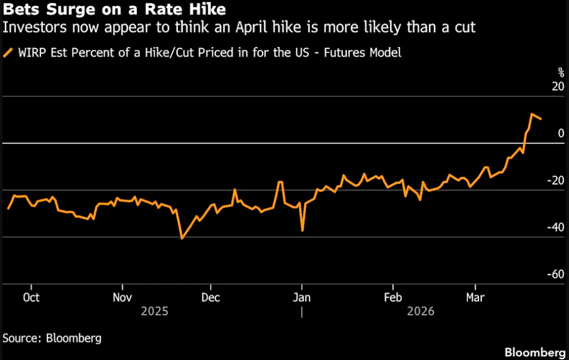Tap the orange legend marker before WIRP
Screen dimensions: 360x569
tap(8, 52)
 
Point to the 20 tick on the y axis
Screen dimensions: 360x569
tap(557, 87)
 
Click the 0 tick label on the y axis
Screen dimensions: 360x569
tap(561, 133)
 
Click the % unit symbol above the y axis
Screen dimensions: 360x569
tap(561, 72)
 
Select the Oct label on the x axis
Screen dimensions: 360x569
tap(31, 297)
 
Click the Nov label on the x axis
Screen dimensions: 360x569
tap(121, 297)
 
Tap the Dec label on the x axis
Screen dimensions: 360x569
tap(211, 297)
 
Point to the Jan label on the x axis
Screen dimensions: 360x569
tap(302, 297)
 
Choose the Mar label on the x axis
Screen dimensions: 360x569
tap(474, 297)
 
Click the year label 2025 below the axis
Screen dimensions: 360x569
tap(155, 311)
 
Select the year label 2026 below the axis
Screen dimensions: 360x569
tap(420, 311)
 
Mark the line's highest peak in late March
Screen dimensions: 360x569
tap(532, 114)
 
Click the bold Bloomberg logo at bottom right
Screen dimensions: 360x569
tap(534, 351)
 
